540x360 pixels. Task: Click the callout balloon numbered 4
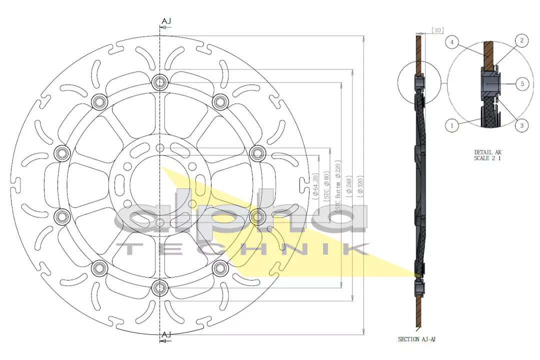coord(451,43)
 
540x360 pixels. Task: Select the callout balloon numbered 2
coord(521,41)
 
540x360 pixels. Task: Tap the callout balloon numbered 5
coord(522,84)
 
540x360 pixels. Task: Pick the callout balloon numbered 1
coord(451,125)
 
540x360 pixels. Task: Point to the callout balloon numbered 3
coord(521,125)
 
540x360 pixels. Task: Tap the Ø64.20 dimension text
coord(315,186)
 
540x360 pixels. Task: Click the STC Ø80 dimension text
coord(327,185)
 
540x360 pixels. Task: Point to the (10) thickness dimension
coord(437,30)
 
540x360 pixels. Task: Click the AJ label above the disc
coord(166,21)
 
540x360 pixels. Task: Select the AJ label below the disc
coord(166,334)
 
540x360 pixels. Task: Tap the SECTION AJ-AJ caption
coord(417,339)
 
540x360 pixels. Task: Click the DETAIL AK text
coord(488,152)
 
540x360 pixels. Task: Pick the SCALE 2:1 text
coord(488,158)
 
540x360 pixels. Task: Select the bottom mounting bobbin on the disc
coord(160,287)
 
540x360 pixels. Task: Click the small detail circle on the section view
coord(420,82)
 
